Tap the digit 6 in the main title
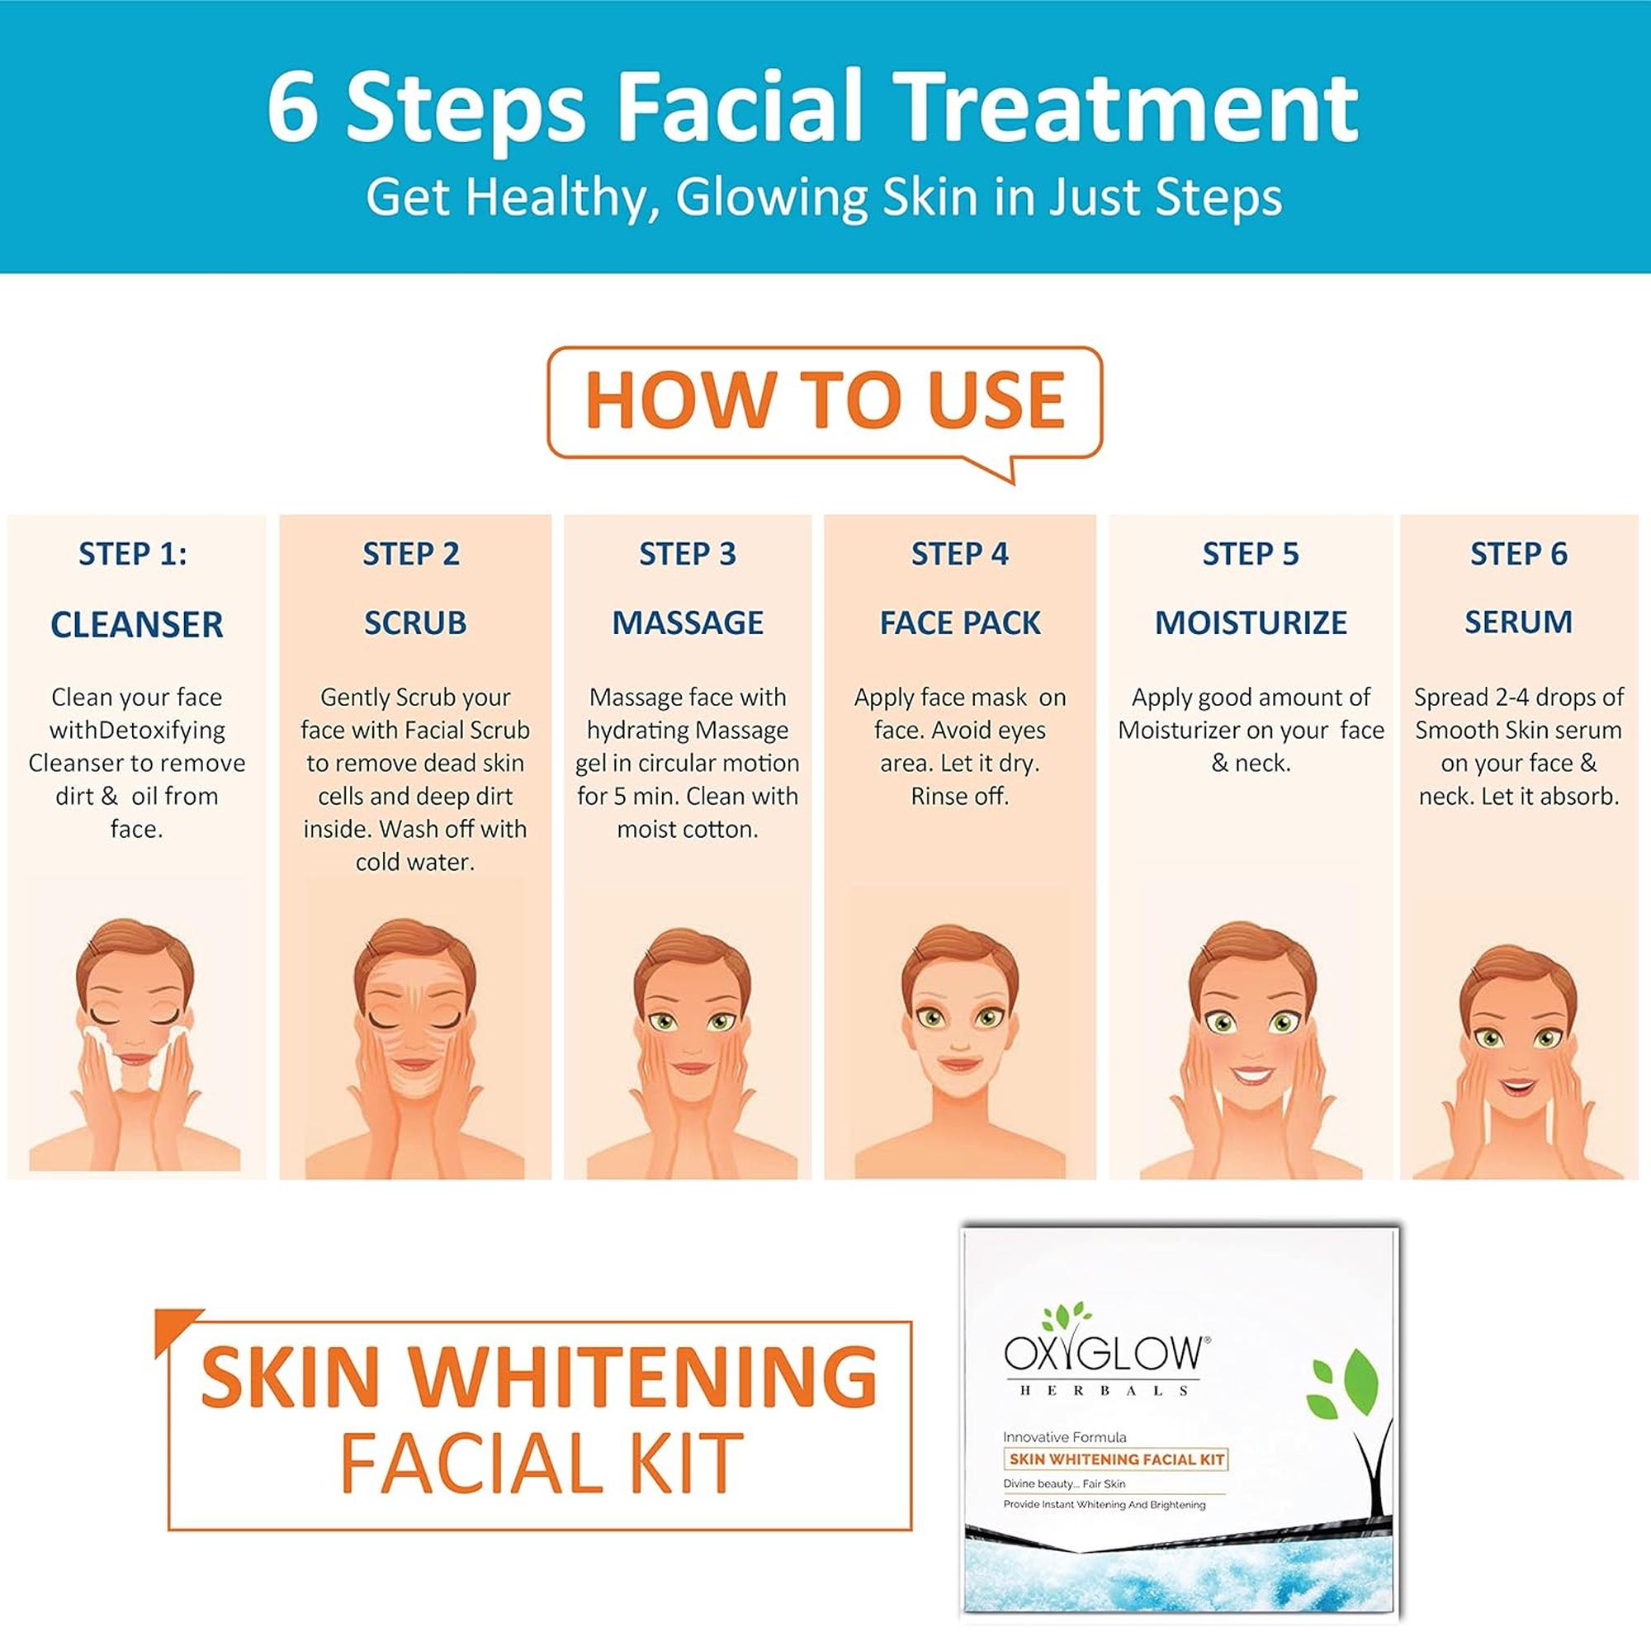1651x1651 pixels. coord(293,107)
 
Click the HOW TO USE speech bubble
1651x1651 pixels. coord(825,404)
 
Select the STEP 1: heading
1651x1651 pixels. coord(132,554)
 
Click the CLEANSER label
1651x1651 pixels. coord(137,625)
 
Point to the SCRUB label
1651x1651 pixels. coord(415,623)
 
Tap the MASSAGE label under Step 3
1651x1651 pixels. coord(688,623)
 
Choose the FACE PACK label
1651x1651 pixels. coord(961,623)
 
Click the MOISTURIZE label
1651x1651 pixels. coord(1251,623)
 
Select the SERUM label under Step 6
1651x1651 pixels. coord(1519,622)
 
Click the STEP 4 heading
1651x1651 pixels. coord(960,554)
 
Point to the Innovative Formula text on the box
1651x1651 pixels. coord(1065,1437)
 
